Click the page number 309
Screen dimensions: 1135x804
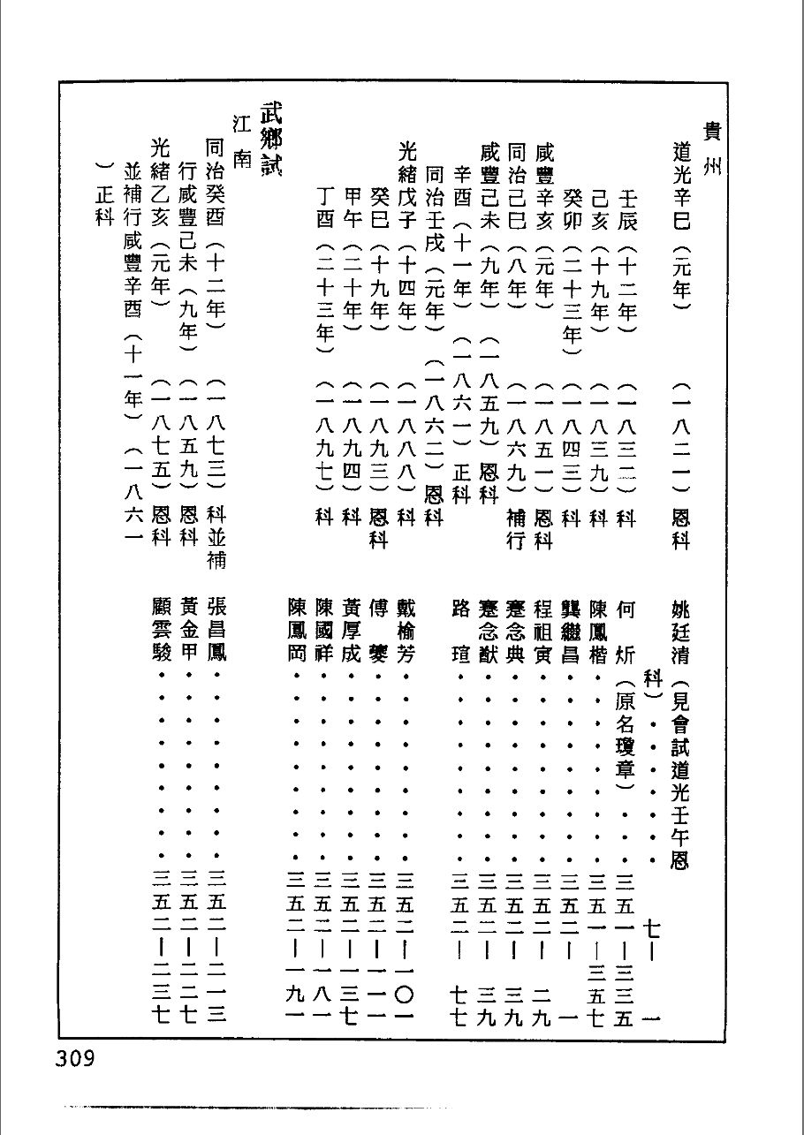coord(75,1057)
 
